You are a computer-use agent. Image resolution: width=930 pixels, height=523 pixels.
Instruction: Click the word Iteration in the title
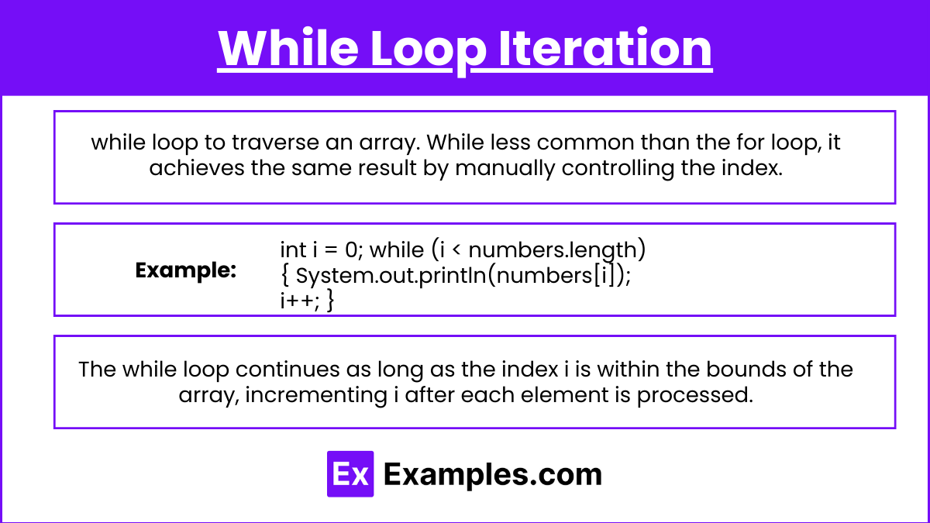[605, 48]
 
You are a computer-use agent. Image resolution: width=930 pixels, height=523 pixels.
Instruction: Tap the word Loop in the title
[429, 51]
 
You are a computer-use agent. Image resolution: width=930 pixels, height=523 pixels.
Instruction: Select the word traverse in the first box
[275, 143]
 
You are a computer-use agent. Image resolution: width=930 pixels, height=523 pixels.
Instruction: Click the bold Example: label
[185, 270]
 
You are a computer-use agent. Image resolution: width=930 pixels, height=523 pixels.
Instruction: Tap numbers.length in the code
[553, 251]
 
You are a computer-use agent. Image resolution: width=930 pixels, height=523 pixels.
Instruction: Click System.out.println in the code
[391, 276]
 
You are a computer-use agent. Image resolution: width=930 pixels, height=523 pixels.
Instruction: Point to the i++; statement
[300, 301]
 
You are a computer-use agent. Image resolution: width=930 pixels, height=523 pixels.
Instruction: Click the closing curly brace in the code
[330, 301]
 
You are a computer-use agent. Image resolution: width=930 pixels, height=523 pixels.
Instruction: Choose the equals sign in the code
[330, 249]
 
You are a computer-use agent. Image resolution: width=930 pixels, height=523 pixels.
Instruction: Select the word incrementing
[316, 395]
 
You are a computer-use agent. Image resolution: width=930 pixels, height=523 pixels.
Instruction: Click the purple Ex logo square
[350, 474]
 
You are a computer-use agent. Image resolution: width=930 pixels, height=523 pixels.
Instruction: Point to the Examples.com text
[493, 475]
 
